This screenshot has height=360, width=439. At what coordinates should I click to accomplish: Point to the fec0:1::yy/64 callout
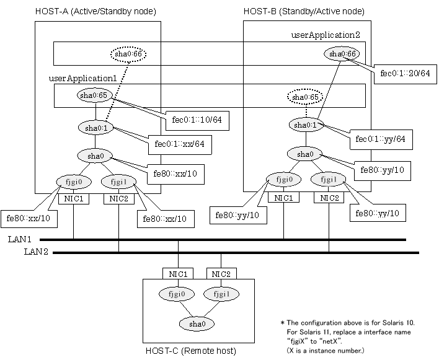click(x=380, y=140)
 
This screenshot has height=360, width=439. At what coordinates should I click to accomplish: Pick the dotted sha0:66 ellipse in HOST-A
click(x=128, y=55)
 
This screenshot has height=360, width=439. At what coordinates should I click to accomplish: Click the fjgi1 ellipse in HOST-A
click(x=118, y=183)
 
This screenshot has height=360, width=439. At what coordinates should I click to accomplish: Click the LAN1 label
click(x=38, y=240)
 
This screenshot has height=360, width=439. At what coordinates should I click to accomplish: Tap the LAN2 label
click(x=37, y=252)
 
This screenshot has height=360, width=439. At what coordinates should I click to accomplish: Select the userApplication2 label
click(x=325, y=36)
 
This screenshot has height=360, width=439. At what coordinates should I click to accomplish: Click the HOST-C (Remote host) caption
click(x=190, y=351)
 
